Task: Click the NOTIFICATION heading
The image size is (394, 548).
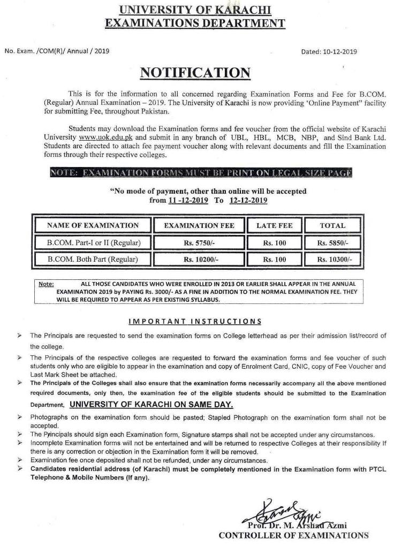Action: pos(195,73)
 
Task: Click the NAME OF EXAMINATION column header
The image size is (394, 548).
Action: pos(93,225)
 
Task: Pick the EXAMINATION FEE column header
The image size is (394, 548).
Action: pos(199,225)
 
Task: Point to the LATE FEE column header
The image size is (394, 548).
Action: pos(274,225)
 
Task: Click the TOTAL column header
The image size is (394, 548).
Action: pos(332,225)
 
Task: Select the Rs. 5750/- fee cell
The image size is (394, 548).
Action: pos(199,242)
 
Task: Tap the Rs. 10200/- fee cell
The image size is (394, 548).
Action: pos(199,260)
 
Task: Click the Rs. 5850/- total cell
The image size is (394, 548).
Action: pos(332,242)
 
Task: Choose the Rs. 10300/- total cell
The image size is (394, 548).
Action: pos(332,260)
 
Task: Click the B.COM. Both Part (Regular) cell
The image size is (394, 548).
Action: pos(93,260)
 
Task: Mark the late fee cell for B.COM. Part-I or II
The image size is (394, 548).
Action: pos(274,242)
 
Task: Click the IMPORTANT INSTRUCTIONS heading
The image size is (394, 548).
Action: pos(195,322)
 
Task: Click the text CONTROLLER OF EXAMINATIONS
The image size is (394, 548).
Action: pos(293,535)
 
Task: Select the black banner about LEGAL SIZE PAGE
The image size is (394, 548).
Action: pos(201,173)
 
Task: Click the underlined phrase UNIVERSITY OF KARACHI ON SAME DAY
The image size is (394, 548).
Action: pos(151,405)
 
